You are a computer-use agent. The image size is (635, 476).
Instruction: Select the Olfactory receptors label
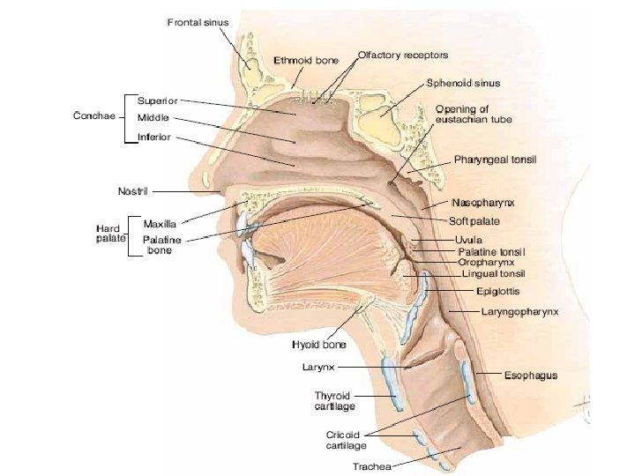pyautogui.click(x=403, y=55)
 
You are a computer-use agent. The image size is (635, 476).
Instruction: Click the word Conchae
pyautogui.click(x=93, y=116)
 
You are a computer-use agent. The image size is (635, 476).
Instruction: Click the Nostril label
pyautogui.click(x=137, y=191)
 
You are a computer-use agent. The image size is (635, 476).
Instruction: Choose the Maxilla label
pyautogui.click(x=161, y=224)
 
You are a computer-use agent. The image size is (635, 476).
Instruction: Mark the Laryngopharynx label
pyautogui.click(x=519, y=312)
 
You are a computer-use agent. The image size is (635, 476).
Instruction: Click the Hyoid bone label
pyautogui.click(x=318, y=345)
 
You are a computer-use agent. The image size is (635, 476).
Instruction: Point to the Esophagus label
pyautogui.click(x=530, y=376)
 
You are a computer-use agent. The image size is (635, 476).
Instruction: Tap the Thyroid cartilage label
pyautogui.click(x=334, y=401)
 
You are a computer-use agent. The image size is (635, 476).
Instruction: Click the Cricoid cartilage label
pyautogui.click(x=342, y=440)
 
